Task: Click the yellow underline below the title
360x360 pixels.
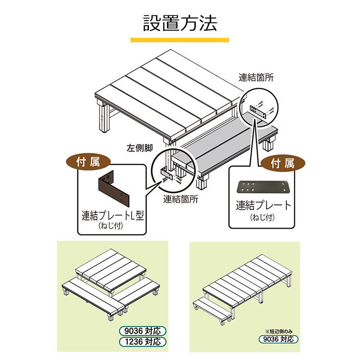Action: pyautogui.click(x=180, y=40)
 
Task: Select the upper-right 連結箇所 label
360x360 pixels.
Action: pyautogui.click(x=256, y=77)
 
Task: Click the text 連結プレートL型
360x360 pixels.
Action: pyautogui.click(x=112, y=215)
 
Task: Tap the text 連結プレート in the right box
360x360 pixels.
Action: pyautogui.click(x=264, y=206)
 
